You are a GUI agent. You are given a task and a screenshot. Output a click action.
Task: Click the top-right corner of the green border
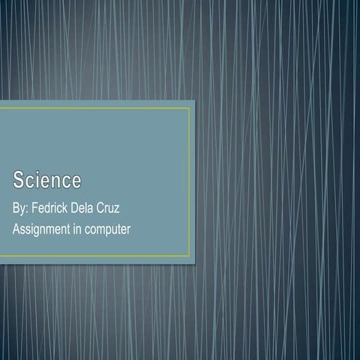(190, 109)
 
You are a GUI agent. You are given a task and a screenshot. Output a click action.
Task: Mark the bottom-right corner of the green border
(190, 256)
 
